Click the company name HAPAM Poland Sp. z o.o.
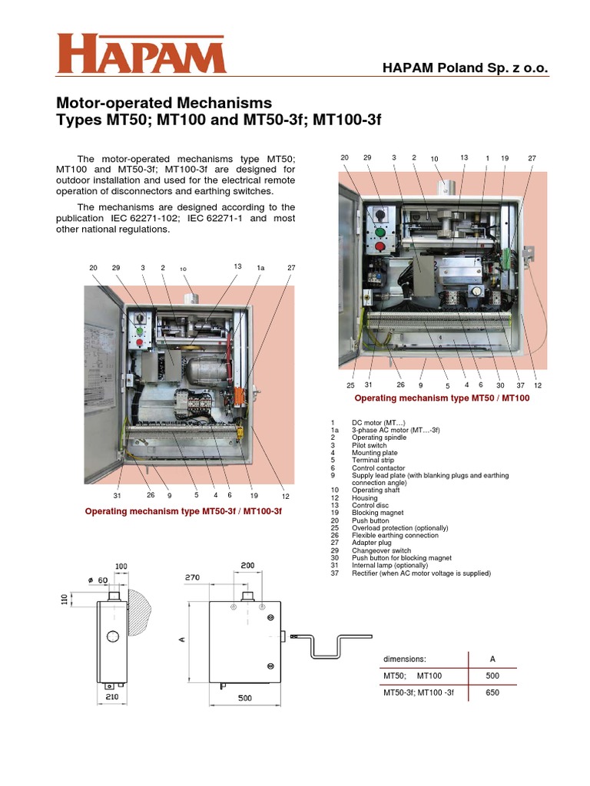[466, 69]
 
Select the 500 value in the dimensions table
[492, 676]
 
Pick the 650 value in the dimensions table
[492, 693]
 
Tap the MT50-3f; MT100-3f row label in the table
[419, 693]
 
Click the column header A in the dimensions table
[492, 659]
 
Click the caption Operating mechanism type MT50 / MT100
[442, 398]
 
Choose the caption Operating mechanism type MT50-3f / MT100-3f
[184, 510]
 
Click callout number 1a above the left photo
[260, 268]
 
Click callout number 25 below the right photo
[350, 385]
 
